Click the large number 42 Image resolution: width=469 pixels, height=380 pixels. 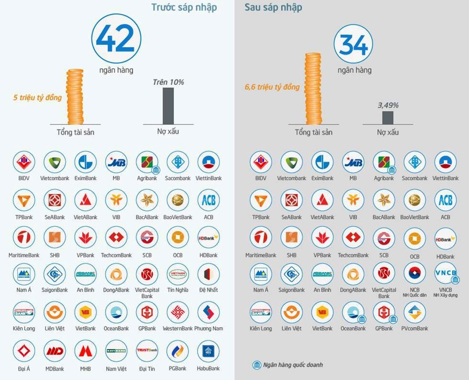click(x=115, y=38)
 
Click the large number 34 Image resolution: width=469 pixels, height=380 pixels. click(x=353, y=45)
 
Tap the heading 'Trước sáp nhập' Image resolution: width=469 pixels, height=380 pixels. click(x=184, y=7)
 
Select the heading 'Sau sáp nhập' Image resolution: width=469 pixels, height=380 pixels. click(x=273, y=7)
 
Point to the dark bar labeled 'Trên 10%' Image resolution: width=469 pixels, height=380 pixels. click(x=168, y=106)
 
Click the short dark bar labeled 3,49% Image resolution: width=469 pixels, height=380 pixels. click(x=388, y=118)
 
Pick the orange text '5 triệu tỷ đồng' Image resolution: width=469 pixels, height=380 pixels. click(x=37, y=98)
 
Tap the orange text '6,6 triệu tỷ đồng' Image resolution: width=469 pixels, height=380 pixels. click(x=272, y=87)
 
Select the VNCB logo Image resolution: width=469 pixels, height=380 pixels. click(x=445, y=273)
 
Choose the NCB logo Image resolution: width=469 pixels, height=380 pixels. click(x=415, y=273)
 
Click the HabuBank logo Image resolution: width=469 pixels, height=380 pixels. click(x=209, y=351)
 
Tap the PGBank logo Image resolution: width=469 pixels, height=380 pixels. click(x=178, y=351)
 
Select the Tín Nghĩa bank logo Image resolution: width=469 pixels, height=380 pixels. click(x=178, y=274)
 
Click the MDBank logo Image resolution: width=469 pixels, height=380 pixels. click(x=55, y=351)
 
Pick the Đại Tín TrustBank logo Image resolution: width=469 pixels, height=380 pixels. click(x=147, y=351)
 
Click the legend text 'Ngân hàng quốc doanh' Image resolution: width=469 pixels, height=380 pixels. click(x=293, y=365)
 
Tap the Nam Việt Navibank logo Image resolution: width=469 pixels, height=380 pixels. click(x=116, y=351)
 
